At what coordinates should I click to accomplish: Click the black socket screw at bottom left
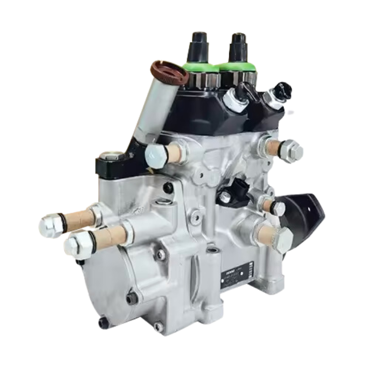[102, 322]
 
